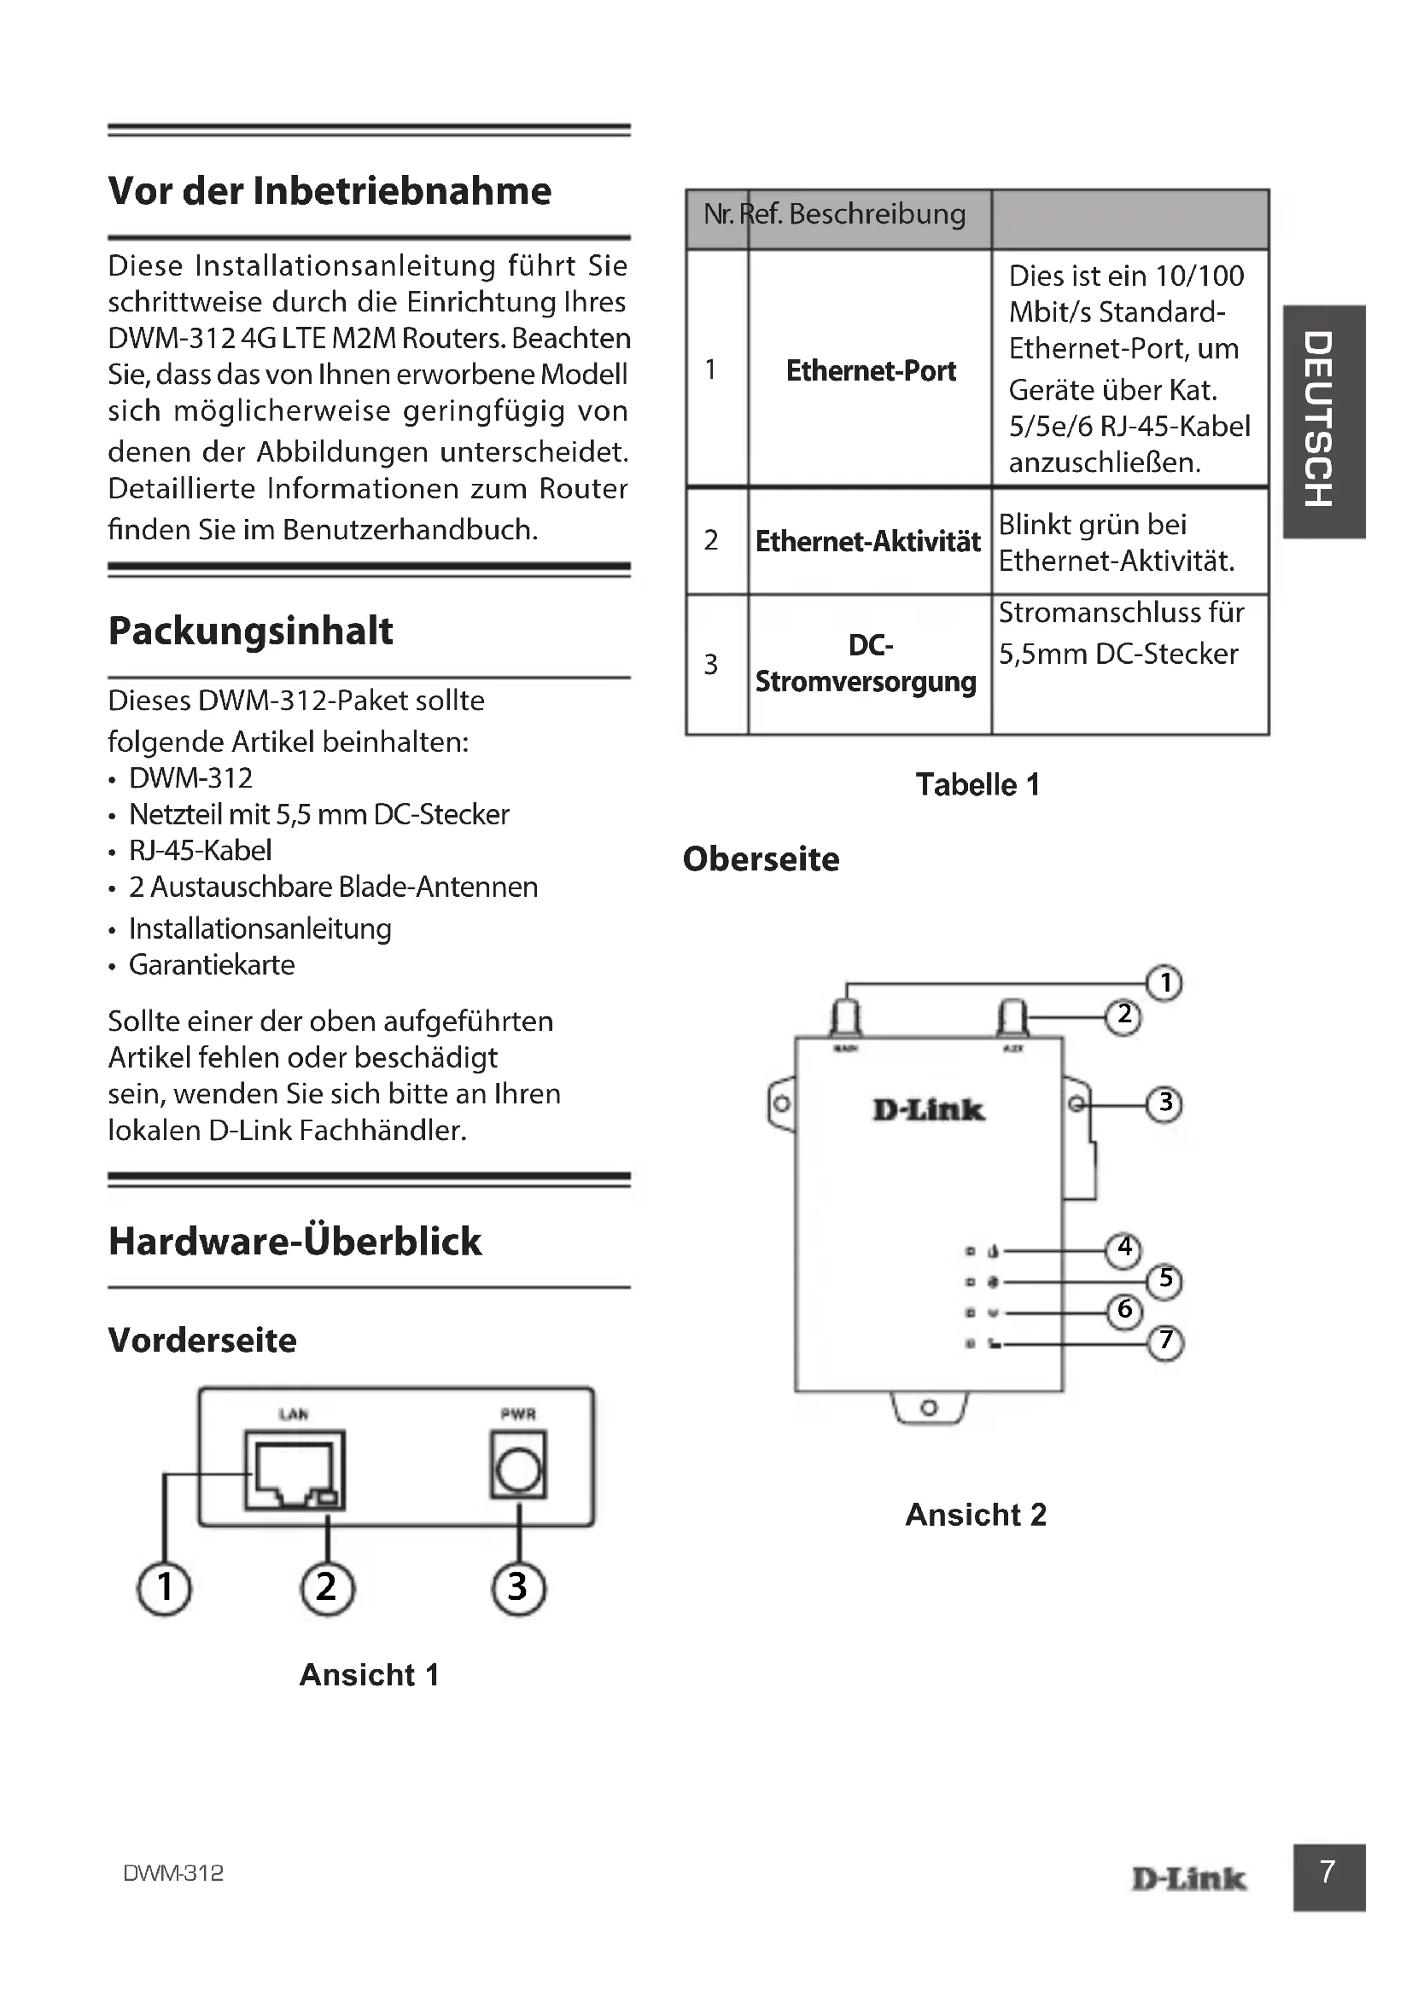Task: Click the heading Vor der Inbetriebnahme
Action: coord(330,191)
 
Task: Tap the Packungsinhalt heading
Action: coord(250,631)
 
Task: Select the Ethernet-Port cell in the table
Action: coord(870,371)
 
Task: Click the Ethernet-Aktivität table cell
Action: coord(867,542)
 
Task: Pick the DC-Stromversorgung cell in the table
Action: coord(866,663)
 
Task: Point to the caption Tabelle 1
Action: coord(977,785)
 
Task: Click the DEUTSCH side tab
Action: coord(1322,422)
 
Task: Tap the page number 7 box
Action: coord(1327,1877)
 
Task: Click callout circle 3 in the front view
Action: coord(518,1588)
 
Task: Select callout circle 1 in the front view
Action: coord(164,1588)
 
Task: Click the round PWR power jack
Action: coord(518,1471)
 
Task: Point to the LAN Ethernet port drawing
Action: coord(294,1471)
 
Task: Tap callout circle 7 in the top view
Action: coord(1166,1341)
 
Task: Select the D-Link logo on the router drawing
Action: coord(929,1110)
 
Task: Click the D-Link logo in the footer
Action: coord(1188,1878)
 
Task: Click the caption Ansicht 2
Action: coord(976,1516)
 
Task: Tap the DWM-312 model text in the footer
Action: coord(173,1873)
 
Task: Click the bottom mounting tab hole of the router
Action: coord(929,1406)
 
